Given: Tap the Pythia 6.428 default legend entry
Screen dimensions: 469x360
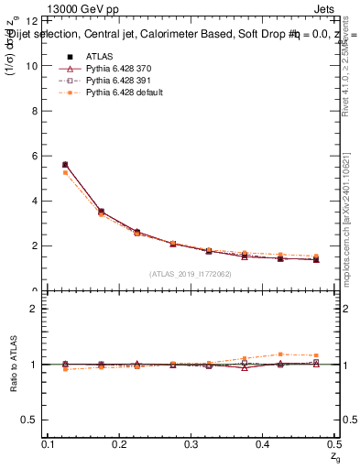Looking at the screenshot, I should pyautogui.click(x=112, y=93).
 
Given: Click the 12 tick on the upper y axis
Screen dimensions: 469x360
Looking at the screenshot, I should pyautogui.click(x=36, y=20).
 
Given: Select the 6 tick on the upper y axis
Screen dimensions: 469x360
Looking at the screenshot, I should pyautogui.click(x=38, y=156).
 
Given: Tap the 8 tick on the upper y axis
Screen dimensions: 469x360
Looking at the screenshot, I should pyautogui.click(x=38, y=111).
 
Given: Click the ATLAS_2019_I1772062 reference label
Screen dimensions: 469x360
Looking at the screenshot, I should pyautogui.click(x=191, y=274).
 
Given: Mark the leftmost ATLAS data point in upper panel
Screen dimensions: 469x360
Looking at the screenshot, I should pyautogui.click(x=64, y=165).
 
